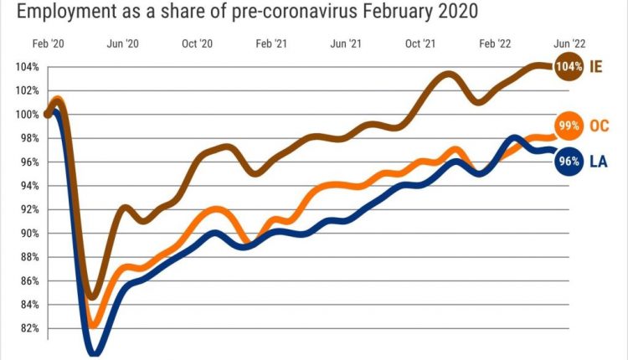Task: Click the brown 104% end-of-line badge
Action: (x=568, y=66)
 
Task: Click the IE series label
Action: (x=596, y=66)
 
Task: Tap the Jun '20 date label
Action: (x=122, y=42)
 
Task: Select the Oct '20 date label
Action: (x=197, y=42)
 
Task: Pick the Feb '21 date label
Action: (x=270, y=42)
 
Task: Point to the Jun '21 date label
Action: (x=346, y=42)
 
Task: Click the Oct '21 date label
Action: (x=419, y=42)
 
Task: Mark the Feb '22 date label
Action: (x=492, y=42)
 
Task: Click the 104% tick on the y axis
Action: (x=25, y=67)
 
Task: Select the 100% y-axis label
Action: (x=25, y=115)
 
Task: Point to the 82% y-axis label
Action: (x=28, y=328)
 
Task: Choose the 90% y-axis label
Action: (x=28, y=234)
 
